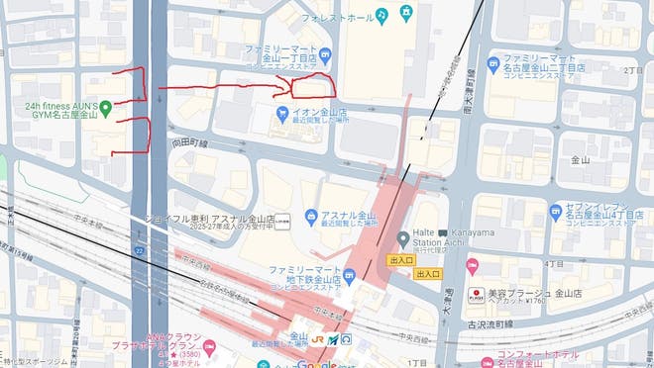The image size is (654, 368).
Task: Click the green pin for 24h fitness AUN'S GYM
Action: [x=104, y=106]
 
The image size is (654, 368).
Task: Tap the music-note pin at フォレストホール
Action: [x=406, y=14]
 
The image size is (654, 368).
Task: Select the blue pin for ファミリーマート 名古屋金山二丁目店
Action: [x=493, y=65]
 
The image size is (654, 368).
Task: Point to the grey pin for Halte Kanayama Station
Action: [x=403, y=238]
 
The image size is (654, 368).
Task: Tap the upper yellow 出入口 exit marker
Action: [x=401, y=259]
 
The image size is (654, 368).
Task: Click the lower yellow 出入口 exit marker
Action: [x=428, y=273]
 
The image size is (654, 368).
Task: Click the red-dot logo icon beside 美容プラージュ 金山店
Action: [x=475, y=294]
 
